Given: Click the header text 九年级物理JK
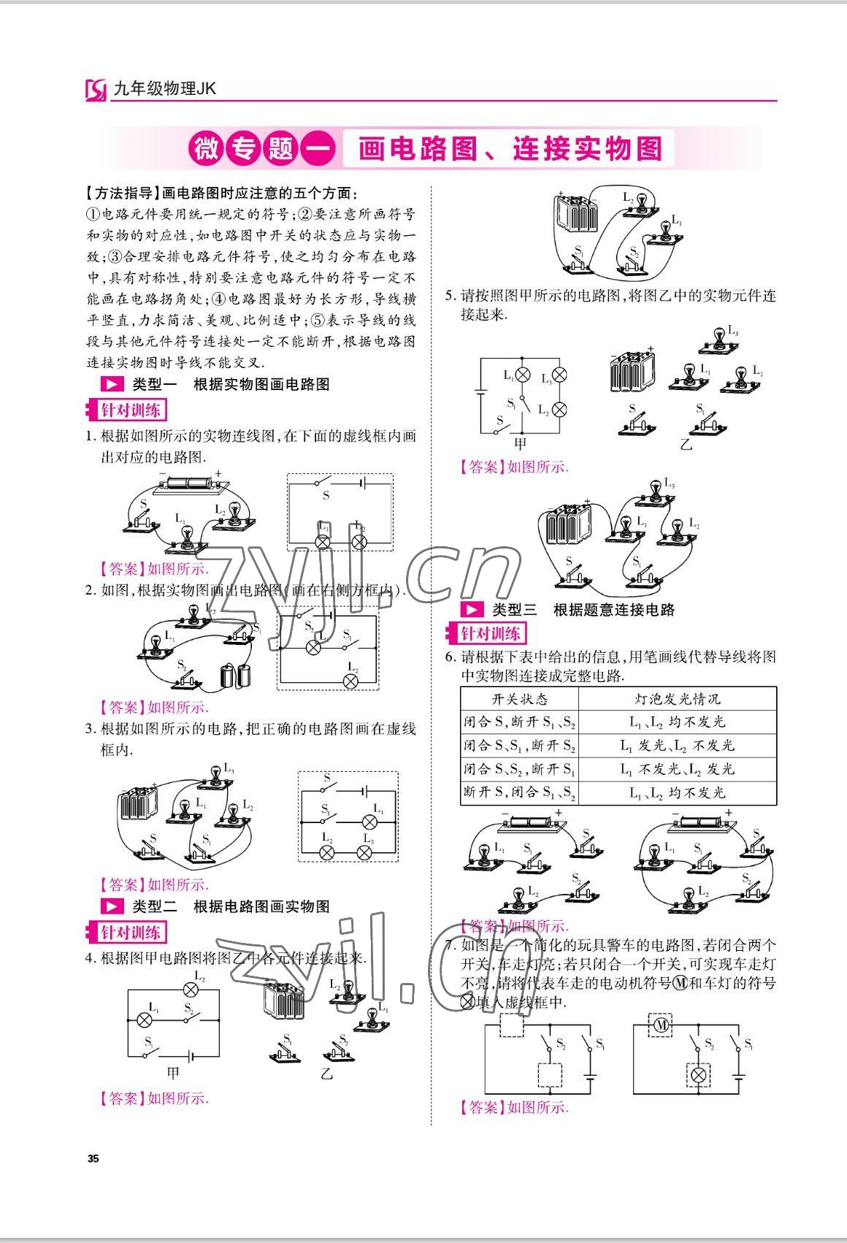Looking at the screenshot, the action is [x=165, y=89].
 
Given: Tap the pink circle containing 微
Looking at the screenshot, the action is [x=205, y=149].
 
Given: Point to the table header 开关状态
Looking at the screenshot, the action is [x=520, y=698].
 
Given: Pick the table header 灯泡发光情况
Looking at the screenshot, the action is [x=678, y=698].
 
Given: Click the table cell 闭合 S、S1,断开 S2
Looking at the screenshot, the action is [x=520, y=746].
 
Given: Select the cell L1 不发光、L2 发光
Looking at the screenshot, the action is [x=678, y=769].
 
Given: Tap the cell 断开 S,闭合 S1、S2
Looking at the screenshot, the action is [x=520, y=792].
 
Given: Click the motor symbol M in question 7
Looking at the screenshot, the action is [x=662, y=1026].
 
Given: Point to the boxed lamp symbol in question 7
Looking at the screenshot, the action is [x=699, y=1075].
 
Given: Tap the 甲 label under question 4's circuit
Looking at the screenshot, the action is [x=172, y=1073].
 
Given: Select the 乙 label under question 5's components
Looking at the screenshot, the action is [x=686, y=443].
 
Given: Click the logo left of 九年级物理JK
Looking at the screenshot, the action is [x=96, y=90].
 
